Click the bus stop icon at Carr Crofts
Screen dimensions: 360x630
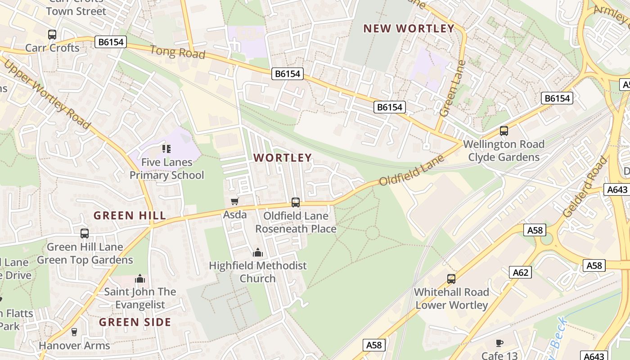[x=52, y=34]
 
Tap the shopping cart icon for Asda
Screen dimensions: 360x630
[x=234, y=201]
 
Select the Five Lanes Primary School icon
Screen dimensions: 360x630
[x=166, y=148]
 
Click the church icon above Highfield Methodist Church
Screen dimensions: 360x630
[x=258, y=252]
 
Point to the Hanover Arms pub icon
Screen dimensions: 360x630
[x=74, y=332]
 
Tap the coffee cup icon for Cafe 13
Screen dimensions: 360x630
[x=499, y=343]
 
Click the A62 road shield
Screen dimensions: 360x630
[x=521, y=272]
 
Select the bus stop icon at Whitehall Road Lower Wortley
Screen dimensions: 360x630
[x=451, y=279]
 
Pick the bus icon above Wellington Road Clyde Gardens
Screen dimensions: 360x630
[x=504, y=131]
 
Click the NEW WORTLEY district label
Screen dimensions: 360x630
[x=409, y=28]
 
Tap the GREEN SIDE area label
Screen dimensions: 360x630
[x=135, y=322]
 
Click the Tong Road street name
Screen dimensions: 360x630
[x=177, y=52]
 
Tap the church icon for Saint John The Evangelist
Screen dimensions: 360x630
[x=140, y=279]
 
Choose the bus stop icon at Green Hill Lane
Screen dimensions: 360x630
[x=85, y=233]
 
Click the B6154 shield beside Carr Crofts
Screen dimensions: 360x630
[x=111, y=42]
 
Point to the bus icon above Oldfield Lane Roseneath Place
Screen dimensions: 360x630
[x=296, y=202]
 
